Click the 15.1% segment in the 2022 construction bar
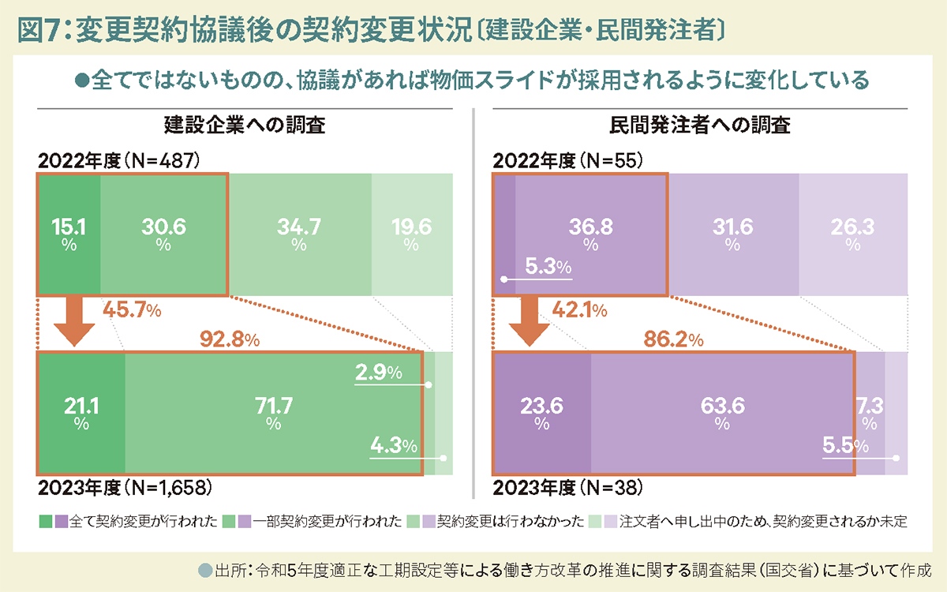[69, 234]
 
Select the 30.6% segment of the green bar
[163, 234]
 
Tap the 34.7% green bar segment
[299, 234]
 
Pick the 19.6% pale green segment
[411, 234]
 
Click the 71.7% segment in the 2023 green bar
[274, 414]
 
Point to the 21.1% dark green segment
[80, 414]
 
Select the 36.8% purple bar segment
[590, 234]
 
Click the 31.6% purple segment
[732, 234]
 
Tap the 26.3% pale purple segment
[852, 234]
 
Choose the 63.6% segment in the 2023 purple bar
[722, 414]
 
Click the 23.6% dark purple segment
[541, 414]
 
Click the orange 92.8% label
[230, 340]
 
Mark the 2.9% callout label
[378, 372]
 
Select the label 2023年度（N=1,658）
[124, 487]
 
